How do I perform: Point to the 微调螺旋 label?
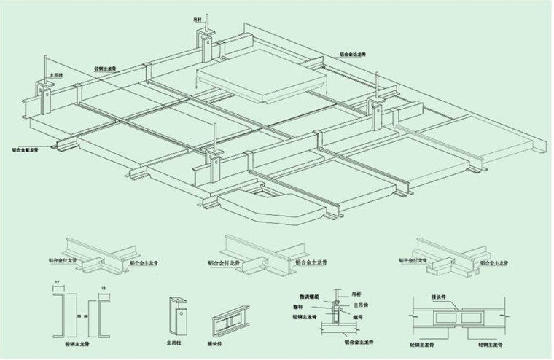pos(310,297)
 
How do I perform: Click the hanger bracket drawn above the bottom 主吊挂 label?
pos(176,314)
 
